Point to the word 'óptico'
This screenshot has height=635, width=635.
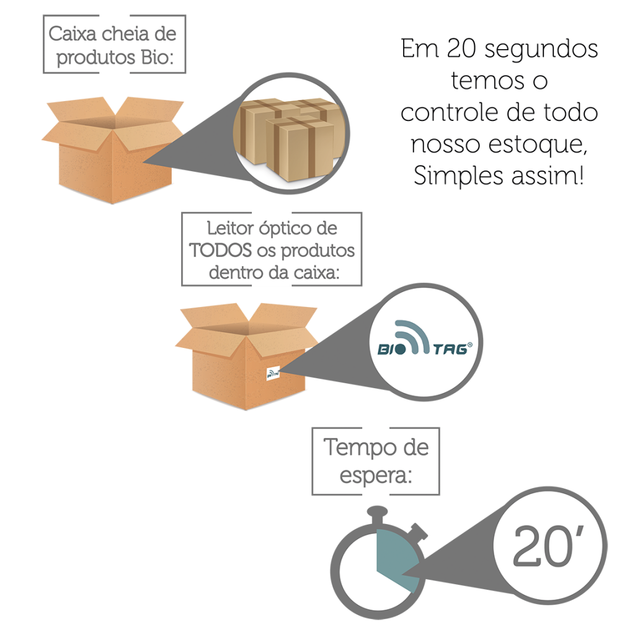pyautogui.click(x=283, y=228)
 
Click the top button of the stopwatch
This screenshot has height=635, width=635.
pyautogui.click(x=378, y=512)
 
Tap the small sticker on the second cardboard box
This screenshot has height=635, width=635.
pyautogui.click(x=273, y=373)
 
